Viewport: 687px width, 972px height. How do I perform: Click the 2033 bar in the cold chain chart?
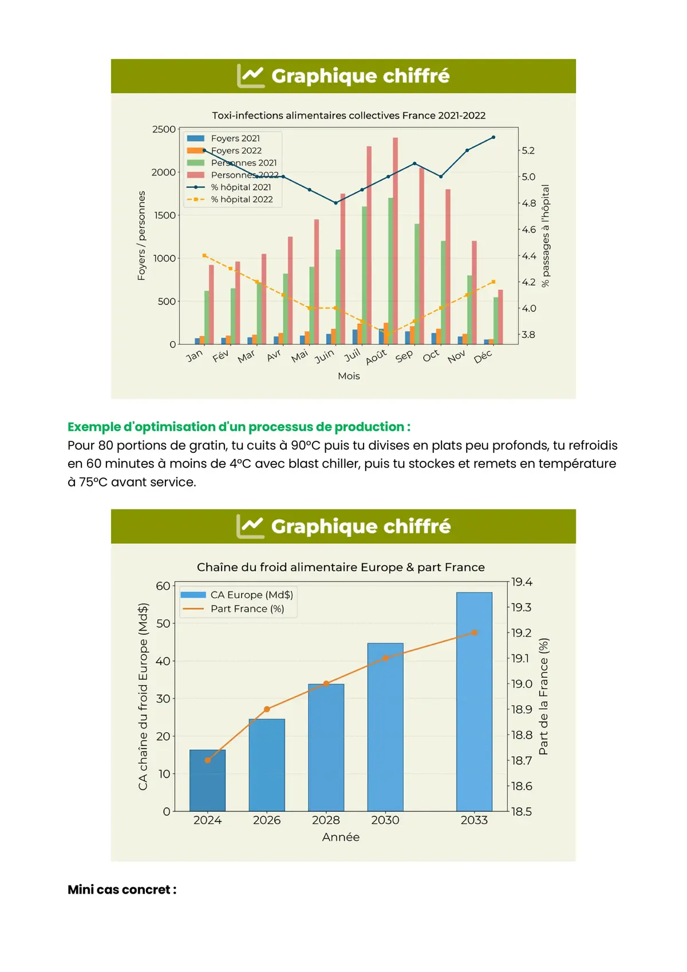tap(474, 701)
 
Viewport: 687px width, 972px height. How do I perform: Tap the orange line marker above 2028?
tap(326, 683)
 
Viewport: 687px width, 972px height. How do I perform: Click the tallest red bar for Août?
tap(396, 240)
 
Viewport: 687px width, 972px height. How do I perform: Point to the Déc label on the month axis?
tap(483, 357)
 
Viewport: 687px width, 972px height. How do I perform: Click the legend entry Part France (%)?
tap(247, 609)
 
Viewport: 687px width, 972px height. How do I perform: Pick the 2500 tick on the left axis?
tap(164, 129)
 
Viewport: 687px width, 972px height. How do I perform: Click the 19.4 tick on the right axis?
tap(522, 582)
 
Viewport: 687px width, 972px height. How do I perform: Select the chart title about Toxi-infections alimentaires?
tap(349, 115)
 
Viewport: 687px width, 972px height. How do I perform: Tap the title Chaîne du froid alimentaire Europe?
tap(341, 567)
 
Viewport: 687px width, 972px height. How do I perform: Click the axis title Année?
tap(341, 837)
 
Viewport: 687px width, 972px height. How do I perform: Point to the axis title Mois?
tap(349, 376)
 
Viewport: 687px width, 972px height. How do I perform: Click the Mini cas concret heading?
tap(122, 890)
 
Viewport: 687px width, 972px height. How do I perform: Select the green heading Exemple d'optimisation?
tap(239, 426)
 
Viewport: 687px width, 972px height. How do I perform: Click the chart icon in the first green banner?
tap(251, 76)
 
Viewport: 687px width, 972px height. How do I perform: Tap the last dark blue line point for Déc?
tap(493, 137)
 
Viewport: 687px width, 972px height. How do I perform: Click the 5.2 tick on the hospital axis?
tap(528, 151)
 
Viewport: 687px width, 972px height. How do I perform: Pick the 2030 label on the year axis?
tap(385, 820)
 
